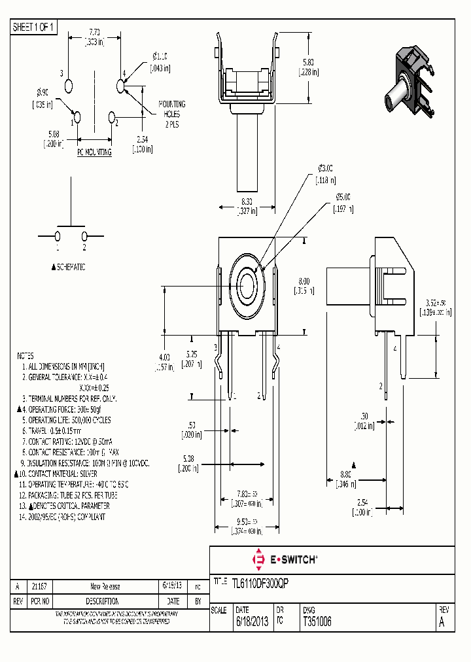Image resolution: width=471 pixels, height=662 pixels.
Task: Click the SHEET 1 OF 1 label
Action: point(35,27)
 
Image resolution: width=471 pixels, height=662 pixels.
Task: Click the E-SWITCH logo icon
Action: point(258,559)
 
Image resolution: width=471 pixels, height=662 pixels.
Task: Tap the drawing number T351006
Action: point(317,622)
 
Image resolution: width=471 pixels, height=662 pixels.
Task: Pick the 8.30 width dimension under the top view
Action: point(247,206)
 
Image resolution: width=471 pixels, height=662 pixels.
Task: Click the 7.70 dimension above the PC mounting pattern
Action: point(94,36)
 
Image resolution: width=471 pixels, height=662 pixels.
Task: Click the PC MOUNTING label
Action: point(94,152)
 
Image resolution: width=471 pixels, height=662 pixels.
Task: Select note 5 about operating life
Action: point(69,419)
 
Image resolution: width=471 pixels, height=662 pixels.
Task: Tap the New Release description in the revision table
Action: point(105,587)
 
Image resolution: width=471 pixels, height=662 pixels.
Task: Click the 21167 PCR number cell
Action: point(39,587)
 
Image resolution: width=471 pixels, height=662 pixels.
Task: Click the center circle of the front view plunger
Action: point(248,285)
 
